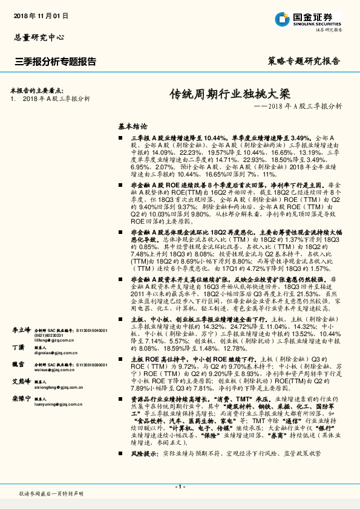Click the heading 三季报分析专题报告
point(55,61)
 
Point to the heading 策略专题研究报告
point(303,61)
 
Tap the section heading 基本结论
point(133,127)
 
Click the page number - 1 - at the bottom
point(179,487)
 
